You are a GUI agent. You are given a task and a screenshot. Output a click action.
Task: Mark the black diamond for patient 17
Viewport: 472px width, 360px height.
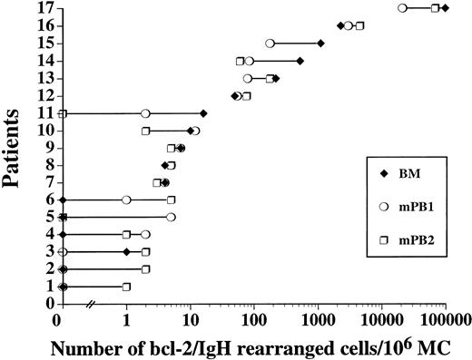pyautogui.click(x=445, y=8)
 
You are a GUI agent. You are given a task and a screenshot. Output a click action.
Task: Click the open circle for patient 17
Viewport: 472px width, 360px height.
pyautogui.click(x=402, y=8)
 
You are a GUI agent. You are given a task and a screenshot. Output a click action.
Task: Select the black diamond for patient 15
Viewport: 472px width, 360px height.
pyautogui.click(x=320, y=44)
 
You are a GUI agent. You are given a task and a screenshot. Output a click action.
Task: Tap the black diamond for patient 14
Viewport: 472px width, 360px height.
pyautogui.click(x=300, y=61)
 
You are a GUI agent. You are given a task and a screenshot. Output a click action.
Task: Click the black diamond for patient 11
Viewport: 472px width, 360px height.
pyautogui.click(x=203, y=113)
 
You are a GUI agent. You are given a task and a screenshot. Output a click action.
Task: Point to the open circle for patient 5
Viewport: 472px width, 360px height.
pyautogui.click(x=171, y=218)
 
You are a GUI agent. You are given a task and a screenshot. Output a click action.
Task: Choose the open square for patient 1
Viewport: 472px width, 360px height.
pyautogui.click(x=126, y=287)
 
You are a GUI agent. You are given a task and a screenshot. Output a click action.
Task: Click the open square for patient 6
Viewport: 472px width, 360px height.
pyautogui.click(x=171, y=199)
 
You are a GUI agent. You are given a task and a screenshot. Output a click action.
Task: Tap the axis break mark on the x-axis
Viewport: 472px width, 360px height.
pyautogui.click(x=90, y=305)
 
